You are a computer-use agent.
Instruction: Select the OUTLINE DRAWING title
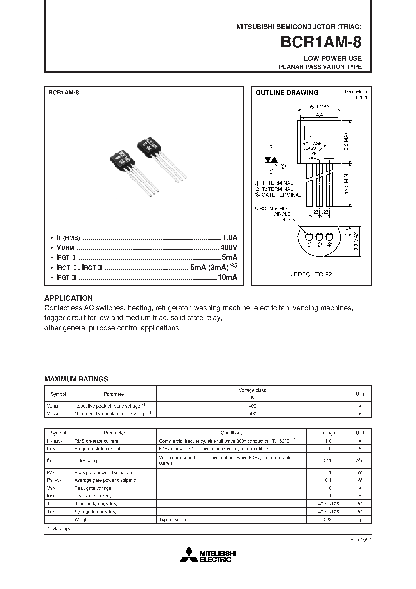tap(287, 93)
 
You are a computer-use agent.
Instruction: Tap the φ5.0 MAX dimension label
tap(319, 107)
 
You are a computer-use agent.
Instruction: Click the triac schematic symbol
tap(271, 160)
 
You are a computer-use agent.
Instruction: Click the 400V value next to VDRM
tap(229, 248)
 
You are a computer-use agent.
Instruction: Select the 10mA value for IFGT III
tap(227, 277)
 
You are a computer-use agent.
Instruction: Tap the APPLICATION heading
tap(68, 298)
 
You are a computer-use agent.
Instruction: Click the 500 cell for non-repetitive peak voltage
tap(252, 414)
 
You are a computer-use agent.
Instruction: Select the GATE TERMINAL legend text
tap(281, 195)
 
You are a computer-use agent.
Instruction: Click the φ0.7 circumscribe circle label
tap(286, 220)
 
